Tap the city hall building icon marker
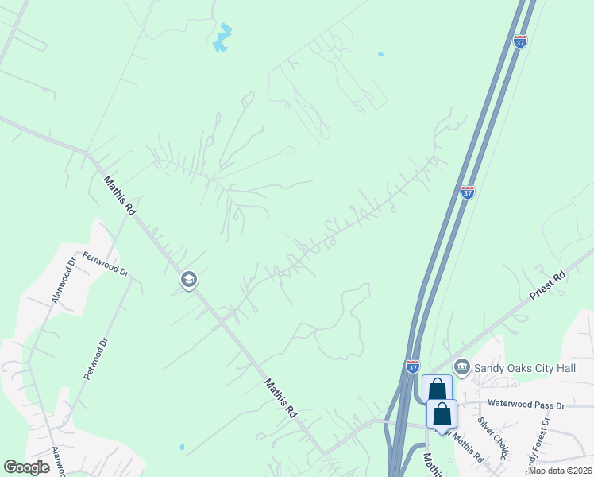coord(461,366)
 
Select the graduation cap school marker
coord(189,280)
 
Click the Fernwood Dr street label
coord(106,266)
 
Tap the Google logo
coord(26,467)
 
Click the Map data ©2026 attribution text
coord(560,471)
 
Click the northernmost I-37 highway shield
coord(520,41)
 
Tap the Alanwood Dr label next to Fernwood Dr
coord(62,279)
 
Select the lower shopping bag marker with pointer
coord(442,414)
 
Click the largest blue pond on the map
coord(223,38)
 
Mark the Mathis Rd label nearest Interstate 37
coord(280,398)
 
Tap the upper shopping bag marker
coord(437,390)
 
